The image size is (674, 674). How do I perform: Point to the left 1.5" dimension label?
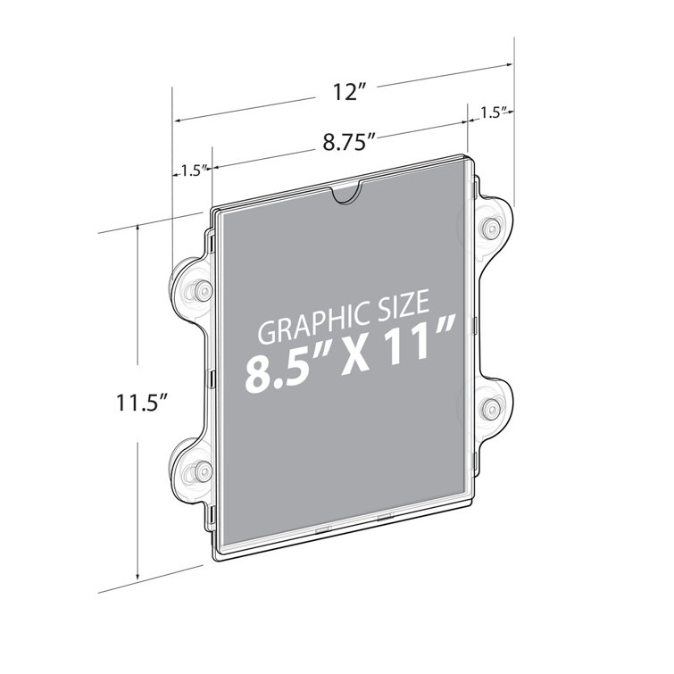click(x=193, y=168)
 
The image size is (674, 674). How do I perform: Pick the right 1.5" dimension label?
click(x=494, y=112)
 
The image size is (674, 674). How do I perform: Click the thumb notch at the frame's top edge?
click(x=345, y=192)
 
